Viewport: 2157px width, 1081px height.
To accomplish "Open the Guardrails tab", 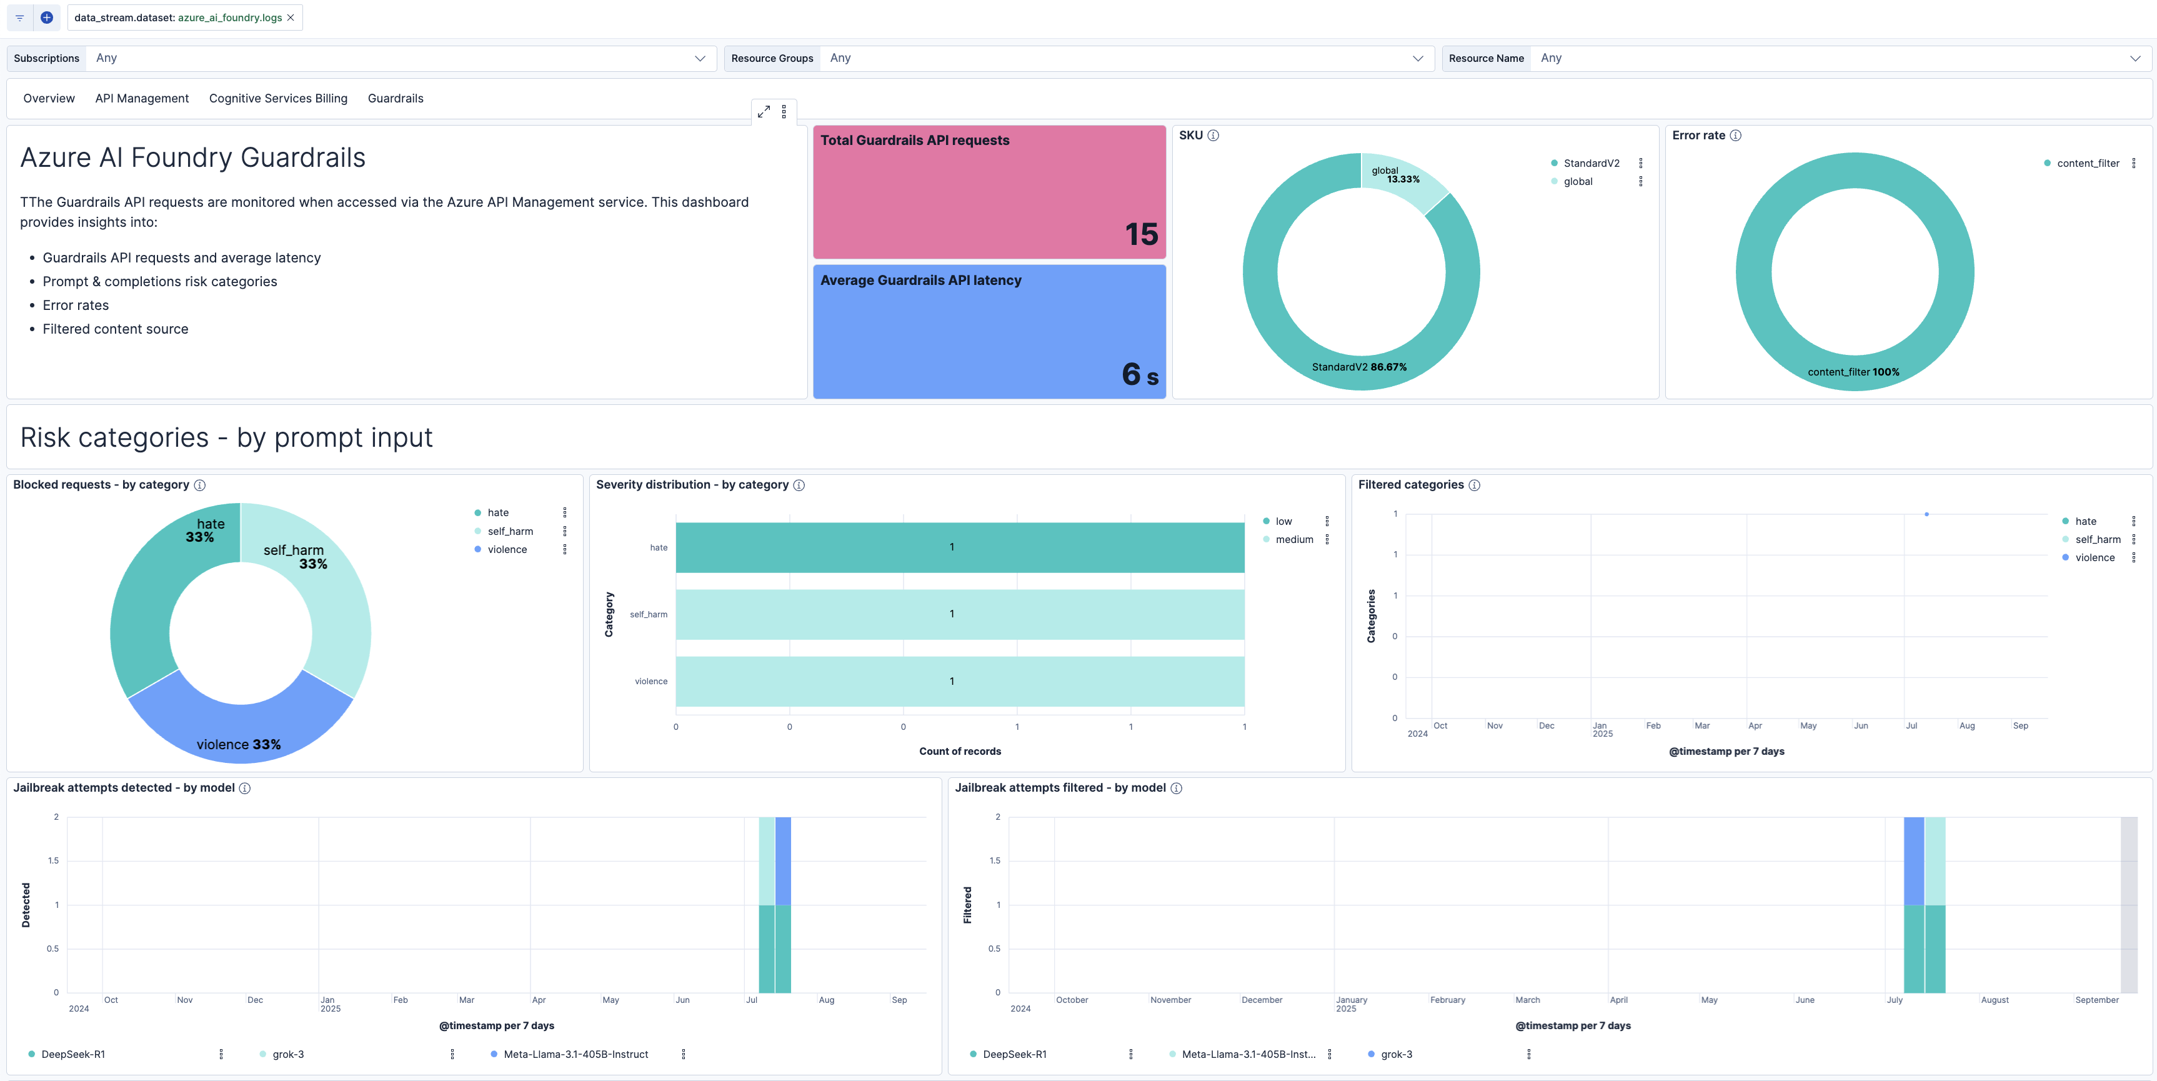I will click(x=396, y=99).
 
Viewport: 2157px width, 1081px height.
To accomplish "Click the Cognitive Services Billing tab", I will click(x=278, y=99).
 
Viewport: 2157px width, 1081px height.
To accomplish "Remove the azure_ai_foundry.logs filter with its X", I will click(x=291, y=17).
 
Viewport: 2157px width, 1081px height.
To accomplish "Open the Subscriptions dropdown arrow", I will click(x=699, y=59).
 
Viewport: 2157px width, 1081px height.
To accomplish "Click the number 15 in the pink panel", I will click(x=1140, y=234).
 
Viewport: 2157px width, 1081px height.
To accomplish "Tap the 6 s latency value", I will click(x=1138, y=374).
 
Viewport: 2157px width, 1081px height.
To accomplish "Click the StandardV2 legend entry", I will click(x=1591, y=163).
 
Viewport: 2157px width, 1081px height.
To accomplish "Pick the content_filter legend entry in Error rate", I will click(x=2088, y=163).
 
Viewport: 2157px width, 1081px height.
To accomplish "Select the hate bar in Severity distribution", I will click(x=960, y=547).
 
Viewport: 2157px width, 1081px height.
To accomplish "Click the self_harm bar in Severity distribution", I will click(x=960, y=615).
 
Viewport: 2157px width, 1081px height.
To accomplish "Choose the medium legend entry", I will click(x=1293, y=540).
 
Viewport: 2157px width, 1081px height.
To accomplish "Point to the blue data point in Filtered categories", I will click(x=1926, y=514).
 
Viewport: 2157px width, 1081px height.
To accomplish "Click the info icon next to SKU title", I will click(x=1213, y=136).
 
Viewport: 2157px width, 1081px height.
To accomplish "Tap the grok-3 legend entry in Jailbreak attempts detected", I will click(x=288, y=1054).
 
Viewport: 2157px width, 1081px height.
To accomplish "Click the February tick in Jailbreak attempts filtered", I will click(x=1447, y=1000).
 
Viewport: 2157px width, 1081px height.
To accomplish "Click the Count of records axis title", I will click(x=960, y=751).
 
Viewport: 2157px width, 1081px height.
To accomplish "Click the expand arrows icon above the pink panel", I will click(x=764, y=111).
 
